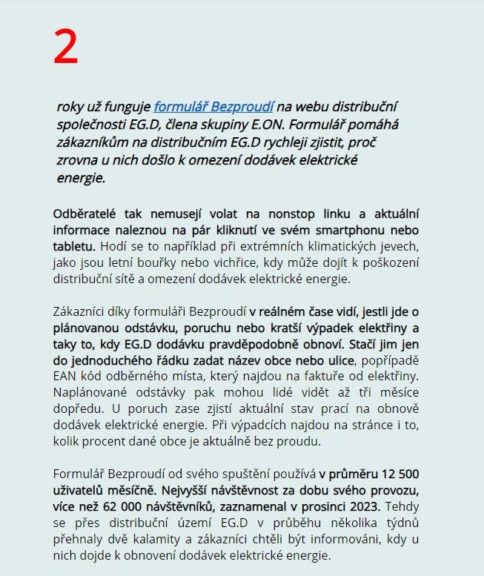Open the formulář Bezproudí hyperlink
[213, 107]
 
